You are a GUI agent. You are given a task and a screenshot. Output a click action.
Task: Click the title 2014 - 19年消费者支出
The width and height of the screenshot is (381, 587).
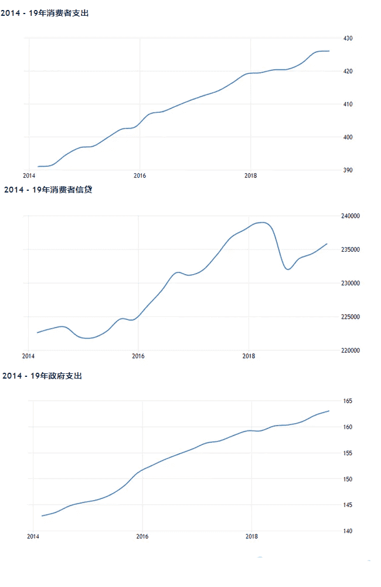coord(45,13)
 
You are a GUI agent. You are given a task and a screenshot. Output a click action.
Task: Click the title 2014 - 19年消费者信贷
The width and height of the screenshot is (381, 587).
coord(49,190)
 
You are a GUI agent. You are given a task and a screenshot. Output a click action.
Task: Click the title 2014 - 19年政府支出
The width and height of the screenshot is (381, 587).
coord(42,376)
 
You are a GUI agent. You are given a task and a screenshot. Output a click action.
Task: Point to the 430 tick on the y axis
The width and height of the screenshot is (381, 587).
coord(348,38)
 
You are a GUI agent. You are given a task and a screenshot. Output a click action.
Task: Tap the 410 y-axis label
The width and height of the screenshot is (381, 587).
coord(348,104)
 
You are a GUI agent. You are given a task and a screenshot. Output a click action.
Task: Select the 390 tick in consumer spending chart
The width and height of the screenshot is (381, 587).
coord(348,170)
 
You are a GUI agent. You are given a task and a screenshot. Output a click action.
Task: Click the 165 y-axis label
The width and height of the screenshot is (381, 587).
coord(348,401)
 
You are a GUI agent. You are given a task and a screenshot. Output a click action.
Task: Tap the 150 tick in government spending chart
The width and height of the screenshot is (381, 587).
coord(348,479)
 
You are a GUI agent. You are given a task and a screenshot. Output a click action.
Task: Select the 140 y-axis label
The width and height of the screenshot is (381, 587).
coord(348,531)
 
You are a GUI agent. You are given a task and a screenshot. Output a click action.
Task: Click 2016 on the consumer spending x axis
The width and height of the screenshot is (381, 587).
coord(140,176)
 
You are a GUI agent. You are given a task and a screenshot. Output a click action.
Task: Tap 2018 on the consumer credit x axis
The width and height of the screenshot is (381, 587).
coord(249,356)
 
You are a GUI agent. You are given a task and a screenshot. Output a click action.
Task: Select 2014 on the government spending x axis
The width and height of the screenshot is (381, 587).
coord(33,536)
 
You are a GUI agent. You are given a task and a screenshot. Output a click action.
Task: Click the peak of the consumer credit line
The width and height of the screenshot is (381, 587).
coord(263,222)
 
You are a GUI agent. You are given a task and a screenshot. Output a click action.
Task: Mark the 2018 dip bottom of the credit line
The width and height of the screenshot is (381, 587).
coord(288,269)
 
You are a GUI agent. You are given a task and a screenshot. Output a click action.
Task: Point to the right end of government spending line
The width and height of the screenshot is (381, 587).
coord(329,411)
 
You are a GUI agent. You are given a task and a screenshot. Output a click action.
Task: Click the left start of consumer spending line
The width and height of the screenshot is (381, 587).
coord(38,167)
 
